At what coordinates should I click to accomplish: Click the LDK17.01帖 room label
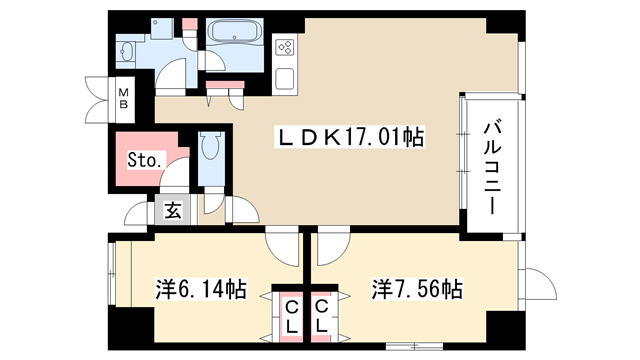(x=351, y=137)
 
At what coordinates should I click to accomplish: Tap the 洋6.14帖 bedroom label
(x=201, y=289)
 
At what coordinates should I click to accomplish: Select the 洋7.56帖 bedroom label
(x=417, y=289)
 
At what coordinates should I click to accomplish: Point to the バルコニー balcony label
(x=492, y=167)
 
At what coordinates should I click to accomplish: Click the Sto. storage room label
(x=144, y=160)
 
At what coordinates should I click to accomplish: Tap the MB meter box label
(x=123, y=99)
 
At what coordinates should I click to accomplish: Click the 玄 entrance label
(x=173, y=210)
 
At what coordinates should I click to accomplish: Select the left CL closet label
(x=292, y=317)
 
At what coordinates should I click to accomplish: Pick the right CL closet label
(x=322, y=316)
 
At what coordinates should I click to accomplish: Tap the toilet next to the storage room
(x=211, y=145)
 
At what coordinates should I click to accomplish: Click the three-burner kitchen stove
(x=285, y=47)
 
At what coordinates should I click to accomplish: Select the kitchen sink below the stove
(x=284, y=79)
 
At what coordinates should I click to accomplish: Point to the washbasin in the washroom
(x=127, y=52)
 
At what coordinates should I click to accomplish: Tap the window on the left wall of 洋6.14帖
(x=112, y=273)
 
